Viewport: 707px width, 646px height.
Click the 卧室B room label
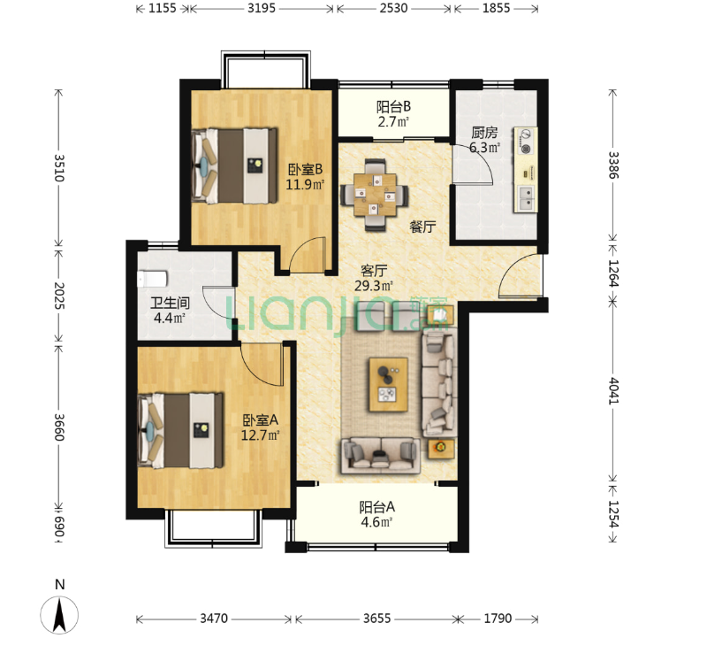pyautogui.click(x=305, y=170)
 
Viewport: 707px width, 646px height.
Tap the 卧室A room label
pyautogui.click(x=260, y=420)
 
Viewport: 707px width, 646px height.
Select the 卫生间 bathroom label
pyautogui.click(x=170, y=303)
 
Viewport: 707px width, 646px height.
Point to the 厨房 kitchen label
pyautogui.click(x=484, y=133)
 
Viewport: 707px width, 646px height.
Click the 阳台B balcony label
pyautogui.click(x=393, y=107)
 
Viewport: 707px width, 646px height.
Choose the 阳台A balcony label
pyautogui.click(x=377, y=507)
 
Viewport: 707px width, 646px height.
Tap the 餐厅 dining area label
pyautogui.click(x=422, y=227)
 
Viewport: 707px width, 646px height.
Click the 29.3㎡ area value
pyautogui.click(x=373, y=286)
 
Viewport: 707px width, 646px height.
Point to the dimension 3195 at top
pyautogui.click(x=261, y=9)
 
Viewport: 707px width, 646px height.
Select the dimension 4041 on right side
pyautogui.click(x=613, y=391)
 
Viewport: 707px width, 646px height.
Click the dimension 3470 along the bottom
pyautogui.click(x=214, y=618)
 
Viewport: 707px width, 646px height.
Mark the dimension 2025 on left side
pyautogui.click(x=59, y=296)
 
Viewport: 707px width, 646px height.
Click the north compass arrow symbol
pyautogui.click(x=59, y=614)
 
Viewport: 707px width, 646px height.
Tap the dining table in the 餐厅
pyautogui.click(x=375, y=195)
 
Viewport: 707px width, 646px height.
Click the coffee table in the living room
pyautogui.click(x=388, y=385)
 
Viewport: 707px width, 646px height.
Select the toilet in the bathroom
pyautogui.click(x=152, y=279)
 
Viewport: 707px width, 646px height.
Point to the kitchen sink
pyautogui.click(x=525, y=198)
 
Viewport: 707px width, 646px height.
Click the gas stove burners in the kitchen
pyautogui.click(x=526, y=141)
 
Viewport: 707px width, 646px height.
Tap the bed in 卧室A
pyautogui.click(x=180, y=431)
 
